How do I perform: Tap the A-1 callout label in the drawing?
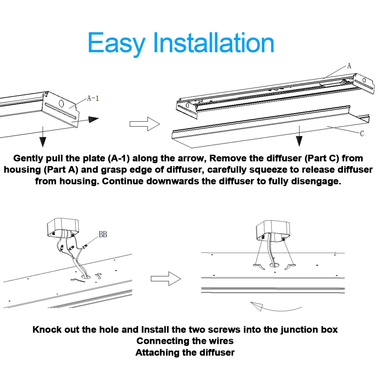click(93, 98)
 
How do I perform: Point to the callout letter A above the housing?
click(349, 66)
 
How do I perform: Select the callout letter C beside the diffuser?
click(362, 134)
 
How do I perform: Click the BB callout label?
click(103, 235)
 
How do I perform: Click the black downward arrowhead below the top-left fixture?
click(43, 142)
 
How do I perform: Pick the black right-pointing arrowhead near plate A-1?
click(93, 119)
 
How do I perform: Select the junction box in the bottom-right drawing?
click(273, 230)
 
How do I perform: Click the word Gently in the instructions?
click(28, 158)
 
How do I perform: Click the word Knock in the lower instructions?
click(47, 330)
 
